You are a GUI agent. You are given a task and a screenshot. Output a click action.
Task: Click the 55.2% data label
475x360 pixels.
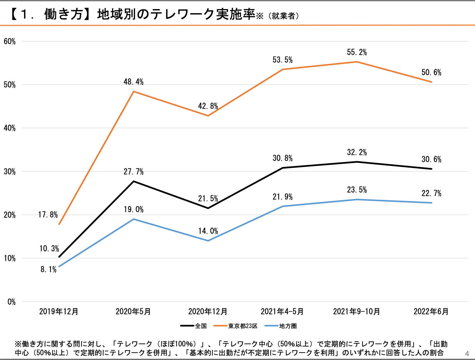tap(357, 52)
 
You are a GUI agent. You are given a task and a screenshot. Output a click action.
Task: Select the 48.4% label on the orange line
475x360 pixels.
tap(134, 82)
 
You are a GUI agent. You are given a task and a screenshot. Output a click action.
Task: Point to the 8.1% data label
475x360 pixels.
tap(48, 269)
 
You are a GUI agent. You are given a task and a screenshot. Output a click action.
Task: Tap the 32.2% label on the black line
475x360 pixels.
tap(357, 152)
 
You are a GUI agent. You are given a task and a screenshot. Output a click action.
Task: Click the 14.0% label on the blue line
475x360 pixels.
tap(208, 231)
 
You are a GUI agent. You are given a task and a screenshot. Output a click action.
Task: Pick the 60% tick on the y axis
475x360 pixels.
tap(10, 41)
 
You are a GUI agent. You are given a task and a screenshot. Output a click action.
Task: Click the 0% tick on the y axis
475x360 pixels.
tap(12, 302)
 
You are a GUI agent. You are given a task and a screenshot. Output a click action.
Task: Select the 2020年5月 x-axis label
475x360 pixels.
tap(133, 311)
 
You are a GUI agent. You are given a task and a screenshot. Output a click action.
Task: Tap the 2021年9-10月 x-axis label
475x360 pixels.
tap(356, 311)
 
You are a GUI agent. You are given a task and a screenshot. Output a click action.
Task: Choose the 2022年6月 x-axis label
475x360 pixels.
tap(431, 311)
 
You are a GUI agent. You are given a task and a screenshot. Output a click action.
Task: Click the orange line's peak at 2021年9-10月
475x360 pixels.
tap(357, 62)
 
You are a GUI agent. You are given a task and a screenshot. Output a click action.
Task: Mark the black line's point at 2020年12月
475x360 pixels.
tap(208, 208)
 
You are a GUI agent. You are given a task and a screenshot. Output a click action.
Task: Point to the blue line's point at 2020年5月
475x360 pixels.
tap(134, 219)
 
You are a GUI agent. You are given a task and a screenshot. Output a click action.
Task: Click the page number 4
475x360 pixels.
tap(467, 354)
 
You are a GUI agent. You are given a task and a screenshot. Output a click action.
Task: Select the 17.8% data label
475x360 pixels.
tap(48, 215)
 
